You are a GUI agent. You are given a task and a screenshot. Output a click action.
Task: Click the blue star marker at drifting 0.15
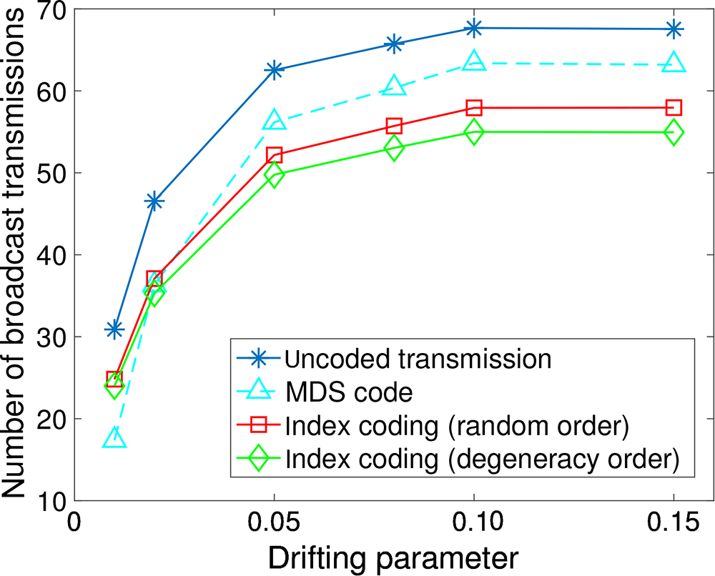coord(674,29)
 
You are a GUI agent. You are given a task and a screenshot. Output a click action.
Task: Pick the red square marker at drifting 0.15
coord(674,108)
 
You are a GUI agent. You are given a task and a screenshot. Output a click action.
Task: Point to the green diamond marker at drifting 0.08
coord(394,149)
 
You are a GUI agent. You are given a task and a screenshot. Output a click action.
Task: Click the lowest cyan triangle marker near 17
coord(114,438)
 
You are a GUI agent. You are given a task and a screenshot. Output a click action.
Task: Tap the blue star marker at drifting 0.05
coord(274,69)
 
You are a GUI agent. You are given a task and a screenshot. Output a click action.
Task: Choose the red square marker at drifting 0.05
coord(274,155)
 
